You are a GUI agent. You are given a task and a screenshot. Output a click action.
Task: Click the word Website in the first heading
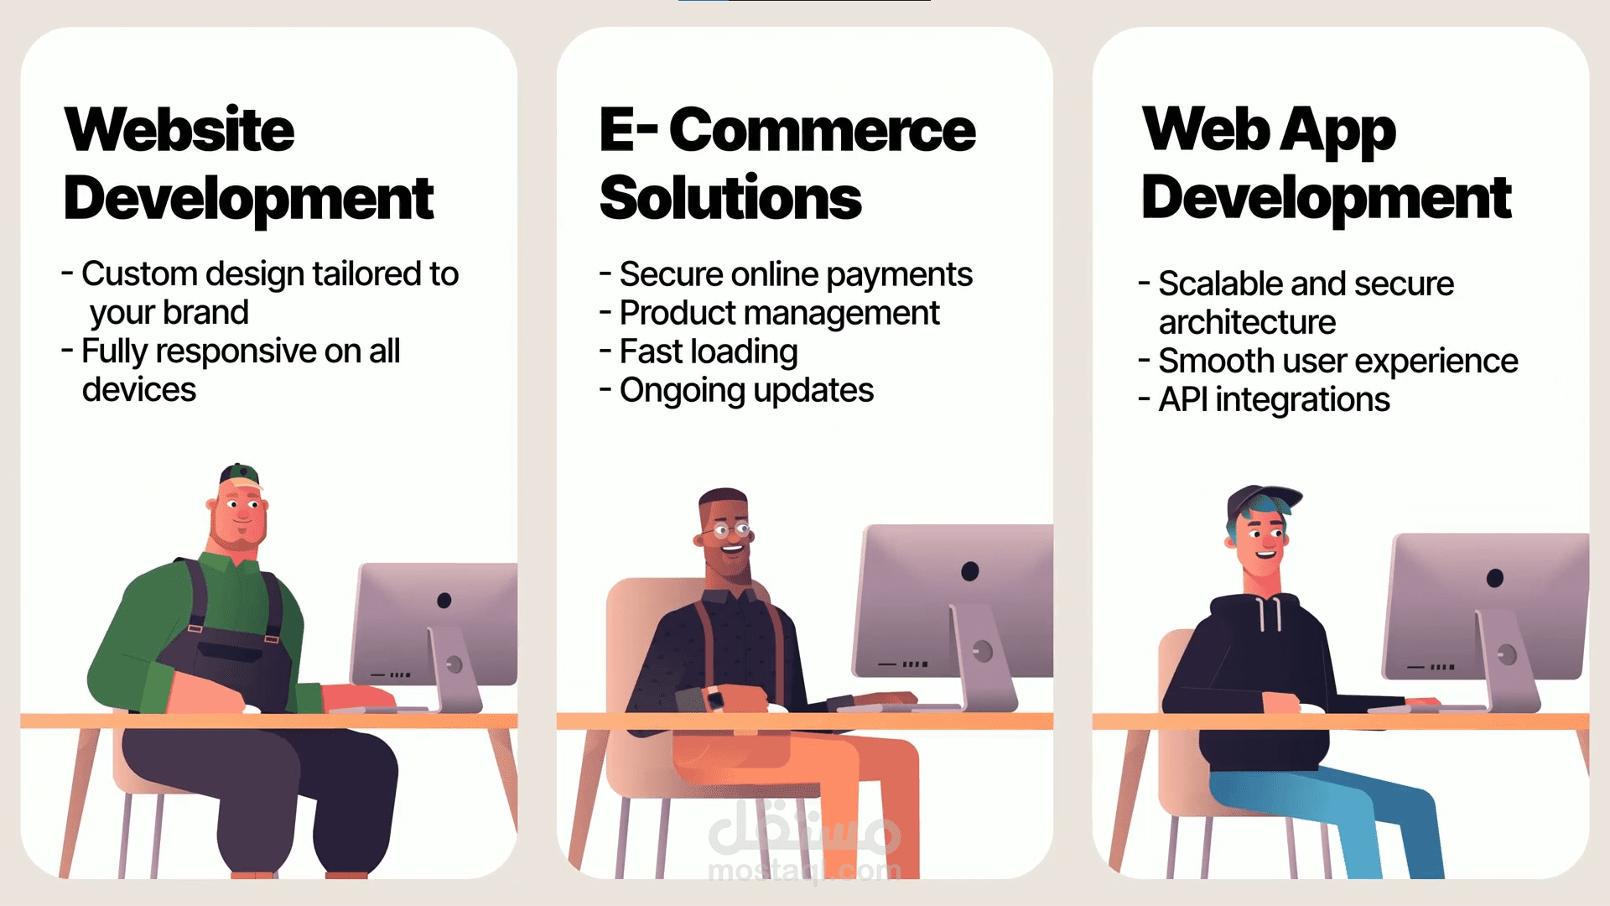pos(179,130)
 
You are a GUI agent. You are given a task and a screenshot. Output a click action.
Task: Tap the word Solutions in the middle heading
pos(730,198)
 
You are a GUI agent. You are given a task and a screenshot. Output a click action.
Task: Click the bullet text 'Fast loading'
pos(709,352)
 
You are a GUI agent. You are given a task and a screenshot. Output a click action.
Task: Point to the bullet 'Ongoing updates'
pos(746,391)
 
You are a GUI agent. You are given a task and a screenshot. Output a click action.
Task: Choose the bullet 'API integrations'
pos(1274,400)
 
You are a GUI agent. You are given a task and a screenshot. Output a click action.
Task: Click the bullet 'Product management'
pos(779,314)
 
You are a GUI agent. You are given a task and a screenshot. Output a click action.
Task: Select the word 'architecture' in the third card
pos(1247,322)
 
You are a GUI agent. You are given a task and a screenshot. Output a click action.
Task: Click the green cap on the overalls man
pos(239,475)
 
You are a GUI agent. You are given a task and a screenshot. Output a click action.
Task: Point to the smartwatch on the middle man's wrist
pos(714,699)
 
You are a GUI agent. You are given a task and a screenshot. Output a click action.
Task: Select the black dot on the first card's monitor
pos(444,600)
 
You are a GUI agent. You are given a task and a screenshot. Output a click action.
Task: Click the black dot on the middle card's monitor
pos(970,571)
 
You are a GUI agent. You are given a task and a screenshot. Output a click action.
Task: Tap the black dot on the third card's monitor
pos(1494,578)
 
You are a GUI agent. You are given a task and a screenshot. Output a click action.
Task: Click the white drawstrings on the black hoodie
pos(1269,614)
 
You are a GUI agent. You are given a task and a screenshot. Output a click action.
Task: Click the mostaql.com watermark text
pos(804,871)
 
